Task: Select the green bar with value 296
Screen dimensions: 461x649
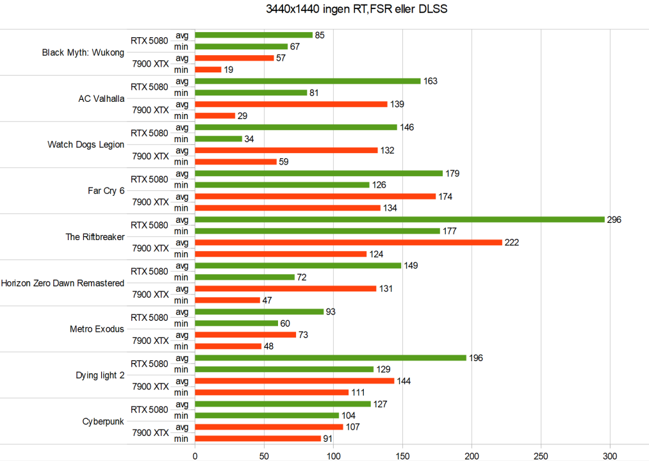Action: (400, 220)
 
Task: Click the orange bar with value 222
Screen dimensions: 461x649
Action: (349, 243)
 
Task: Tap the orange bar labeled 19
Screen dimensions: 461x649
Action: (208, 70)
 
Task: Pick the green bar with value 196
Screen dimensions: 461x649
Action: (331, 358)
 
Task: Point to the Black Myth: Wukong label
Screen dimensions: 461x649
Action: (83, 53)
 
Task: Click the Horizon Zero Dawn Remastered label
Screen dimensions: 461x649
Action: (63, 283)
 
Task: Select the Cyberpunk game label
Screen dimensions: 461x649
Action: (103, 421)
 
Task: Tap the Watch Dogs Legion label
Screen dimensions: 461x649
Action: (86, 145)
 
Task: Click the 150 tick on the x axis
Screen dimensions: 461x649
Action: (402, 456)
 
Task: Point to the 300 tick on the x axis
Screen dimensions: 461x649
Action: (610, 456)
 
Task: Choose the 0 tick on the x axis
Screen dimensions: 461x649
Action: (195, 456)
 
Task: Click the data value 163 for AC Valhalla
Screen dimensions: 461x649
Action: (431, 81)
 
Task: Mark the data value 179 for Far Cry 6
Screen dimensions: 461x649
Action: (452, 174)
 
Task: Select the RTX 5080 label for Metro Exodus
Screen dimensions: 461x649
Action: (149, 318)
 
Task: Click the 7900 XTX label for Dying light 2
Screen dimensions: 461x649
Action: (151, 387)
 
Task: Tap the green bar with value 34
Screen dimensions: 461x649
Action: (218, 139)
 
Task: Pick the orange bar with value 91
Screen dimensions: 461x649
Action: (258, 439)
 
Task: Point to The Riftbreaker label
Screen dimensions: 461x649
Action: (95, 237)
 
